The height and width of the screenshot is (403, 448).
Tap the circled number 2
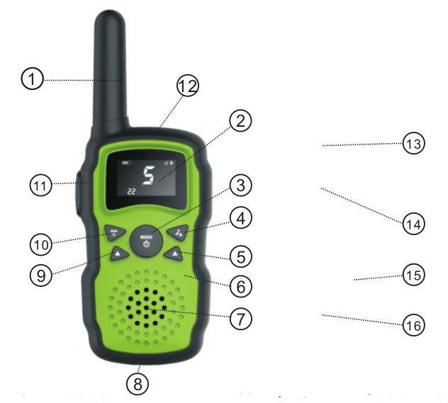[x=242, y=120]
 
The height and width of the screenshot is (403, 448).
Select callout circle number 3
[x=241, y=186]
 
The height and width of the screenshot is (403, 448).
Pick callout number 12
[x=188, y=86]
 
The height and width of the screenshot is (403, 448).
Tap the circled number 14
[x=413, y=224]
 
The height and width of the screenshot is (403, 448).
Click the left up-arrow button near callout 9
[x=118, y=253]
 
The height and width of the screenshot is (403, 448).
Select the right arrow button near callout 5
[x=174, y=253]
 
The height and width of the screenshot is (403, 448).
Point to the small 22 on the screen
[x=131, y=192]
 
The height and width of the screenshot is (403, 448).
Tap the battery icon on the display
[x=127, y=163]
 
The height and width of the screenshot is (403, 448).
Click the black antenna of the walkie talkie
[x=111, y=64]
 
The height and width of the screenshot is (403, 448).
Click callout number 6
[x=241, y=287]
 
